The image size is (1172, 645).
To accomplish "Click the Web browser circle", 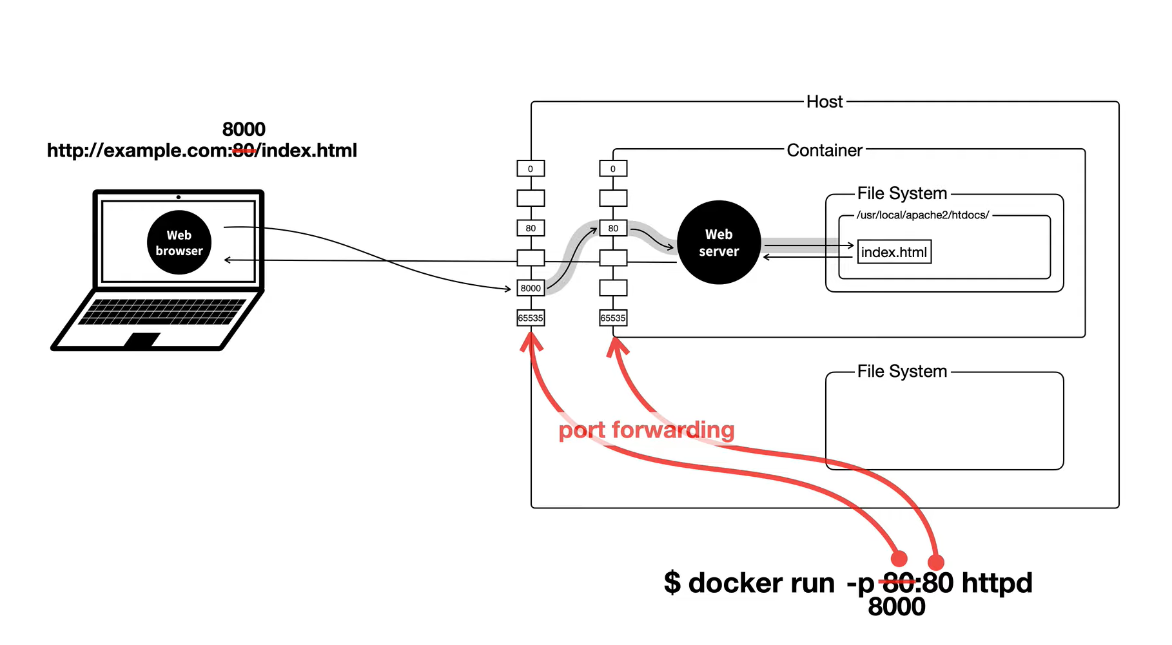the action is pyautogui.click(x=179, y=242).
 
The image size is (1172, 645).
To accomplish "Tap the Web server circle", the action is pyautogui.click(x=719, y=242).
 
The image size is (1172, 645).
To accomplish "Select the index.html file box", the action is pyautogui.click(x=894, y=252).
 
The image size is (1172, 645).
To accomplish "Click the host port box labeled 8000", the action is pyautogui.click(x=531, y=288).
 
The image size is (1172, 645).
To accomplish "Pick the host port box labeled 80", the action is pyautogui.click(x=531, y=228).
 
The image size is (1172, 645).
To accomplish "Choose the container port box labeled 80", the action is pyautogui.click(x=613, y=228).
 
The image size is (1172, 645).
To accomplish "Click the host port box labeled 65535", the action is pyautogui.click(x=531, y=318).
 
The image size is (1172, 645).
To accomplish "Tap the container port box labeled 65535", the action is pyautogui.click(x=613, y=318).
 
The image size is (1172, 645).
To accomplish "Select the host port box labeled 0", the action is pyautogui.click(x=531, y=169).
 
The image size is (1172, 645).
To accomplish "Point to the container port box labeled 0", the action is pyautogui.click(x=613, y=169).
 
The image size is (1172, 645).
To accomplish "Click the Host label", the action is pyautogui.click(x=825, y=102).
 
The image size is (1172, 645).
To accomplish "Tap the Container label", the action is pyautogui.click(x=825, y=150).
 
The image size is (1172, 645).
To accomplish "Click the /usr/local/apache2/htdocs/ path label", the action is pyautogui.click(x=923, y=215).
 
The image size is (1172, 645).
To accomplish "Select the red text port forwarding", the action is pyautogui.click(x=647, y=430).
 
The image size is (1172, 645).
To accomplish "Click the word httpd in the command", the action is pyautogui.click(x=997, y=583).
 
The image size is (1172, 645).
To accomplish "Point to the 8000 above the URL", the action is pyautogui.click(x=244, y=130).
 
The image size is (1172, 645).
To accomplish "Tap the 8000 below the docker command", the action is pyautogui.click(x=897, y=607).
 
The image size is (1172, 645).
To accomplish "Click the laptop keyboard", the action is pyautogui.click(x=162, y=312).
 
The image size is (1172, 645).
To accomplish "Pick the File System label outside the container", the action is pyautogui.click(x=902, y=372).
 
